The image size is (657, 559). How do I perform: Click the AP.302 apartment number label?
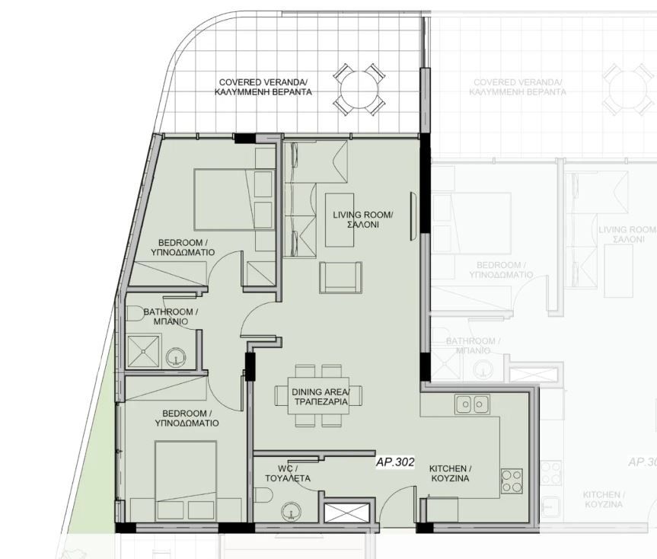click(394, 462)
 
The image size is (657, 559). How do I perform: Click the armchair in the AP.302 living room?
click(340, 276)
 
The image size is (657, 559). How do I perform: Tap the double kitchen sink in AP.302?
click(473, 404)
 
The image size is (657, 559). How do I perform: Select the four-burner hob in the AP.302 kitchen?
click(512, 480)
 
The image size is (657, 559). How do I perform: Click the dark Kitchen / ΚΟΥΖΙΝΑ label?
click(450, 474)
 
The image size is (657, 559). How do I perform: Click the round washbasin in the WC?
click(290, 511)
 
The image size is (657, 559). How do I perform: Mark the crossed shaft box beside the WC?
click(348, 511)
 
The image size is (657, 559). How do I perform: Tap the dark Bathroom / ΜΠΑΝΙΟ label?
click(171, 317)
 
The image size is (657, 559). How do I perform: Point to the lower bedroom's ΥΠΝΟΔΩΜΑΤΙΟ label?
click(187, 422)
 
